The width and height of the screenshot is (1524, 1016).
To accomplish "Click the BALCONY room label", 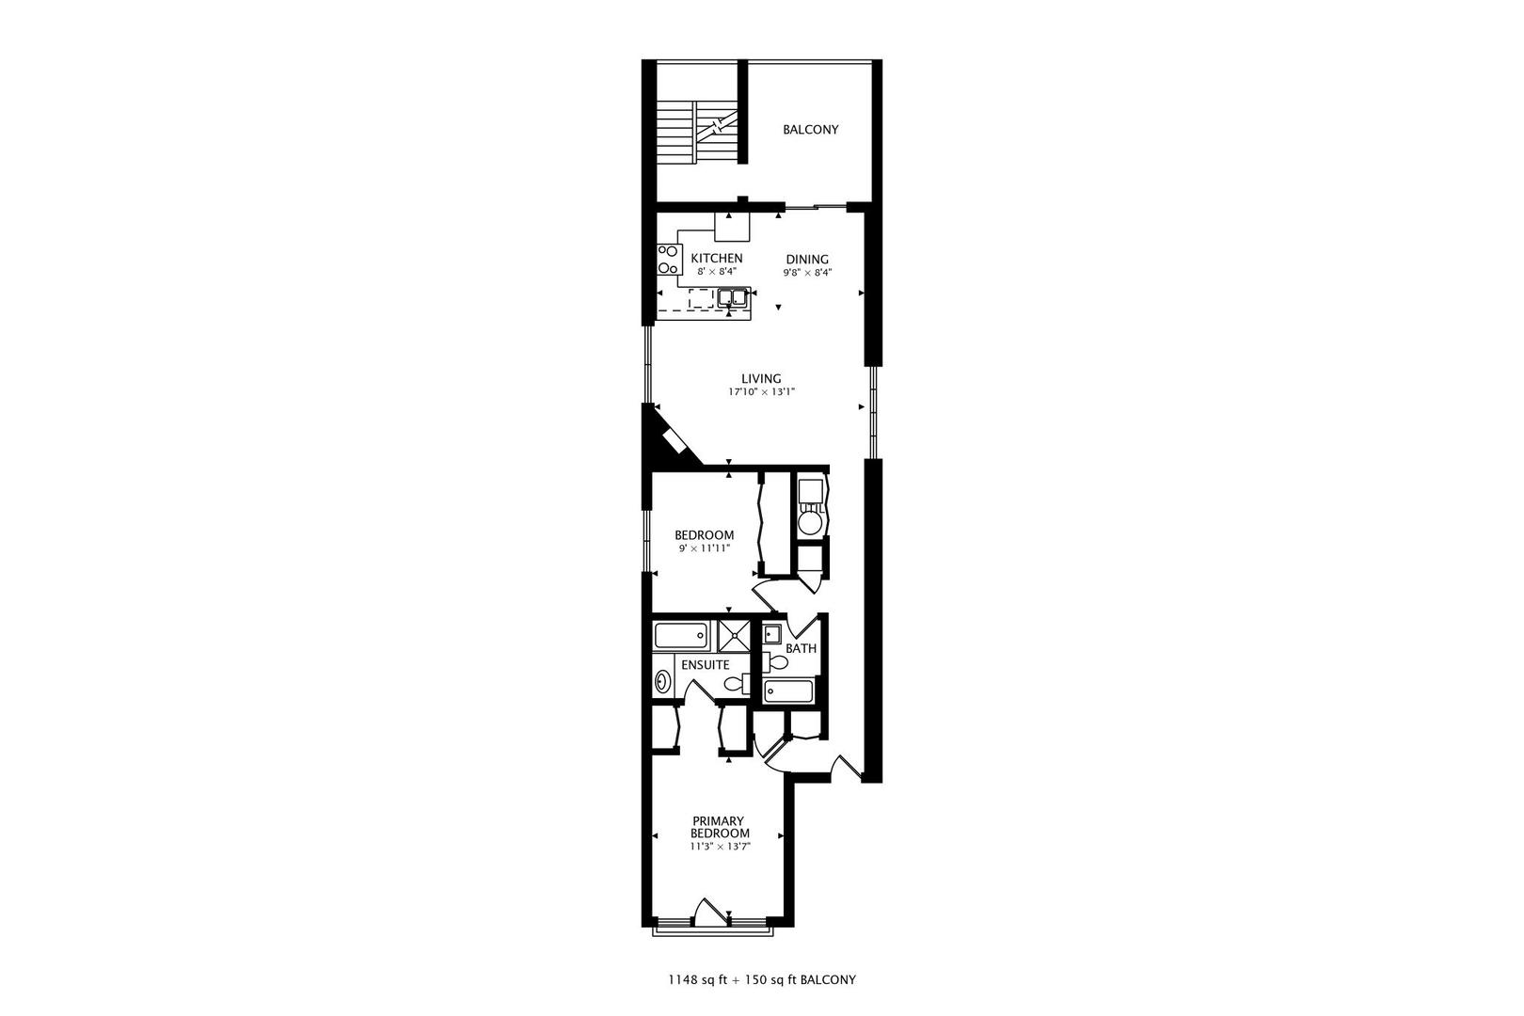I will click(810, 130).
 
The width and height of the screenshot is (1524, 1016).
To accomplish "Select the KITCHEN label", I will click(717, 258).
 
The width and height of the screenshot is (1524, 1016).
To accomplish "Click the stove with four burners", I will click(669, 259).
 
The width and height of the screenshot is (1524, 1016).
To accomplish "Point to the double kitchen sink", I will click(732, 299).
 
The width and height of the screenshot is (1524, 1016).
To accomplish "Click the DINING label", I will click(807, 260).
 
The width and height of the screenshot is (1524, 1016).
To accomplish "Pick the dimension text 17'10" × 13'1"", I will click(761, 392).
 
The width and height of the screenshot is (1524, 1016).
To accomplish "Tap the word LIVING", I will click(761, 379).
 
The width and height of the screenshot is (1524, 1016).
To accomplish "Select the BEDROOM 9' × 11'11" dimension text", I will click(705, 548).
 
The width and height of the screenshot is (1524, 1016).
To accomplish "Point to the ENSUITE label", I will click(705, 665).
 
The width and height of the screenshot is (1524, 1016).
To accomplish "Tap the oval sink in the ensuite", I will click(661, 681).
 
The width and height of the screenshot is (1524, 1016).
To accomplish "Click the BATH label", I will click(802, 648).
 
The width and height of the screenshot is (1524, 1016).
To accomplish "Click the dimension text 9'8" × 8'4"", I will click(807, 273).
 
